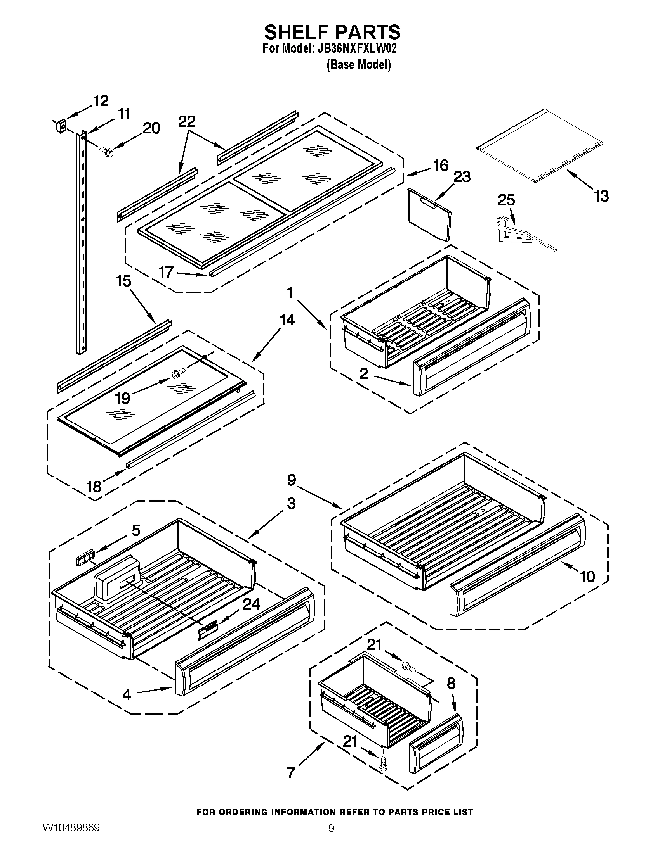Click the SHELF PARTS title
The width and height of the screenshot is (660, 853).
point(333,32)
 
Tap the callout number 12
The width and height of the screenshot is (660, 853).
point(101,101)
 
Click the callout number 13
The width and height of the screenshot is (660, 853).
point(601,196)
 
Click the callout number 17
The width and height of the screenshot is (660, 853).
point(166,272)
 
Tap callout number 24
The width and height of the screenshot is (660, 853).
point(251,604)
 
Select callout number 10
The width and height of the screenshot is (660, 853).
point(587,576)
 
